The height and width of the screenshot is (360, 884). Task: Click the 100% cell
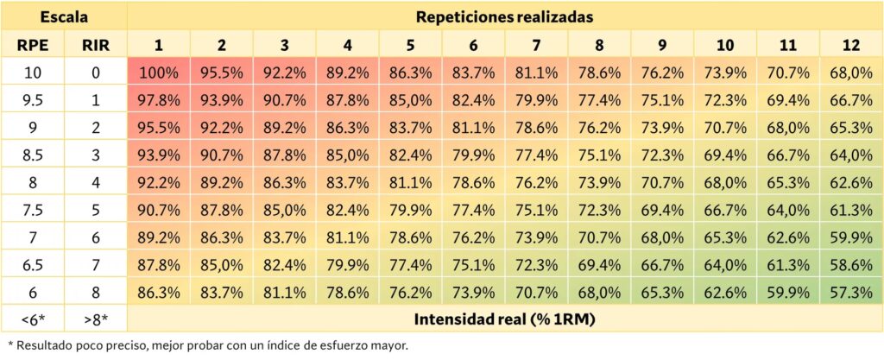[159, 73]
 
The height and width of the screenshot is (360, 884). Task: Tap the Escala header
[65, 17]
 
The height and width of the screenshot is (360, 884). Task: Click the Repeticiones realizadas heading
[505, 17]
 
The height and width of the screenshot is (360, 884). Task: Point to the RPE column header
[34, 45]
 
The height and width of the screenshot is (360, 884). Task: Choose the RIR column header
[96, 45]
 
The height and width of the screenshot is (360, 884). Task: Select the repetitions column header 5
[410, 45]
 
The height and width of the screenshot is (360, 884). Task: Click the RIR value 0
[96, 73]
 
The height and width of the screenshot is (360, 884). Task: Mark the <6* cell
[34, 319]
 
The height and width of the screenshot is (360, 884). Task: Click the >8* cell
[96, 319]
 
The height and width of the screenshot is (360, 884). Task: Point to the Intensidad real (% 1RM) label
[505, 319]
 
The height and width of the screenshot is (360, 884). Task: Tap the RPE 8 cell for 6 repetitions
[473, 183]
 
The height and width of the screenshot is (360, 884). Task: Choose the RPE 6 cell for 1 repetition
[159, 293]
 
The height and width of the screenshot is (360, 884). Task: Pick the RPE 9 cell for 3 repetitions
[285, 129]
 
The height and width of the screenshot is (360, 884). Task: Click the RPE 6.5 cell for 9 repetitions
[662, 265]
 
